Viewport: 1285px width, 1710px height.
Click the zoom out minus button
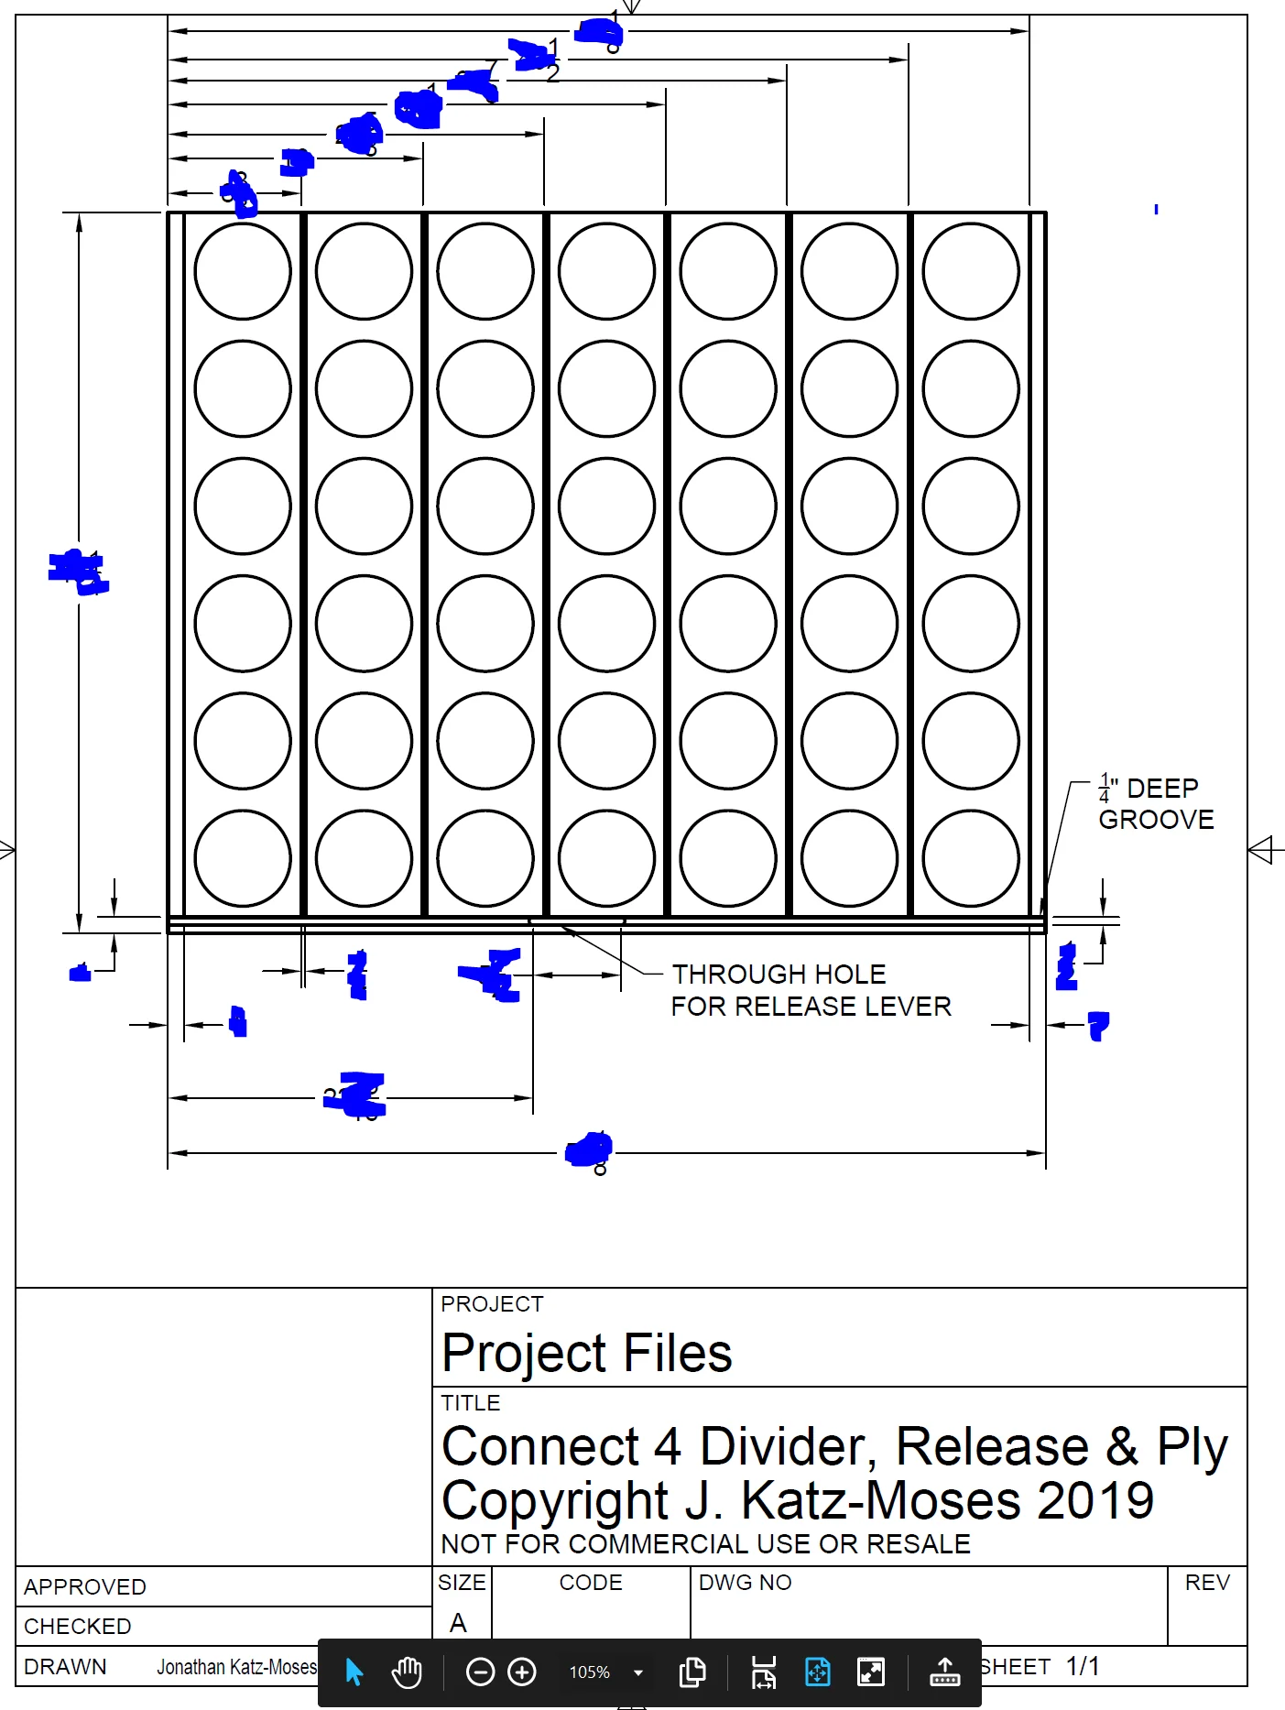click(x=480, y=1672)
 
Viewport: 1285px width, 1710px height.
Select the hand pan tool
click(x=407, y=1672)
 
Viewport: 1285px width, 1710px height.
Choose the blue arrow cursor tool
click(x=354, y=1672)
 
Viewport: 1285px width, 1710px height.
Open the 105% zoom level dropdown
click(x=638, y=1672)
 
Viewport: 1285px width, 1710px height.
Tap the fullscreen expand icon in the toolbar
click(x=871, y=1672)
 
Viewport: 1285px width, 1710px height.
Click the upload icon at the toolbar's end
click(x=944, y=1672)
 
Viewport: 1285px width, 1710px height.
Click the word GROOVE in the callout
click(x=1156, y=820)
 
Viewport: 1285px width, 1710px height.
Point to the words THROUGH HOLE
click(x=779, y=974)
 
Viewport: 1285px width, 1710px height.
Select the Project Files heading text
click(x=586, y=1353)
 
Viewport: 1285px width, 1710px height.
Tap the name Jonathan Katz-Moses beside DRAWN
click(x=236, y=1667)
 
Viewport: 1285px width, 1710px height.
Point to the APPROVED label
click(x=85, y=1586)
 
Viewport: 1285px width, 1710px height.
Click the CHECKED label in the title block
click(x=78, y=1626)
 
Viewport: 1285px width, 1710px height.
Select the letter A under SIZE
click(x=458, y=1623)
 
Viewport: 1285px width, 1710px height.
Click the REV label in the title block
click(x=1207, y=1583)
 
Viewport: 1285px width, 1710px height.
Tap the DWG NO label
click(x=745, y=1583)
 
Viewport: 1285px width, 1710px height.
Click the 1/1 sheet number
click(x=1083, y=1666)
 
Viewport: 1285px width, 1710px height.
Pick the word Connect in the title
click(x=540, y=1447)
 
